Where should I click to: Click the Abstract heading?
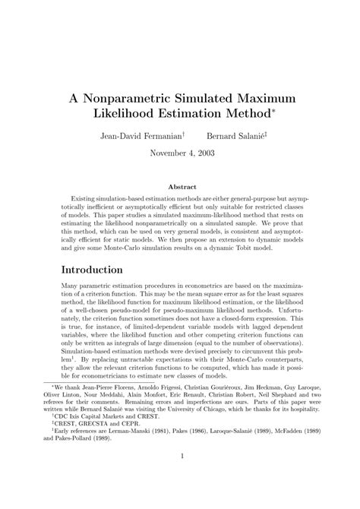(179, 187)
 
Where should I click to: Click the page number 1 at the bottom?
(180, 477)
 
